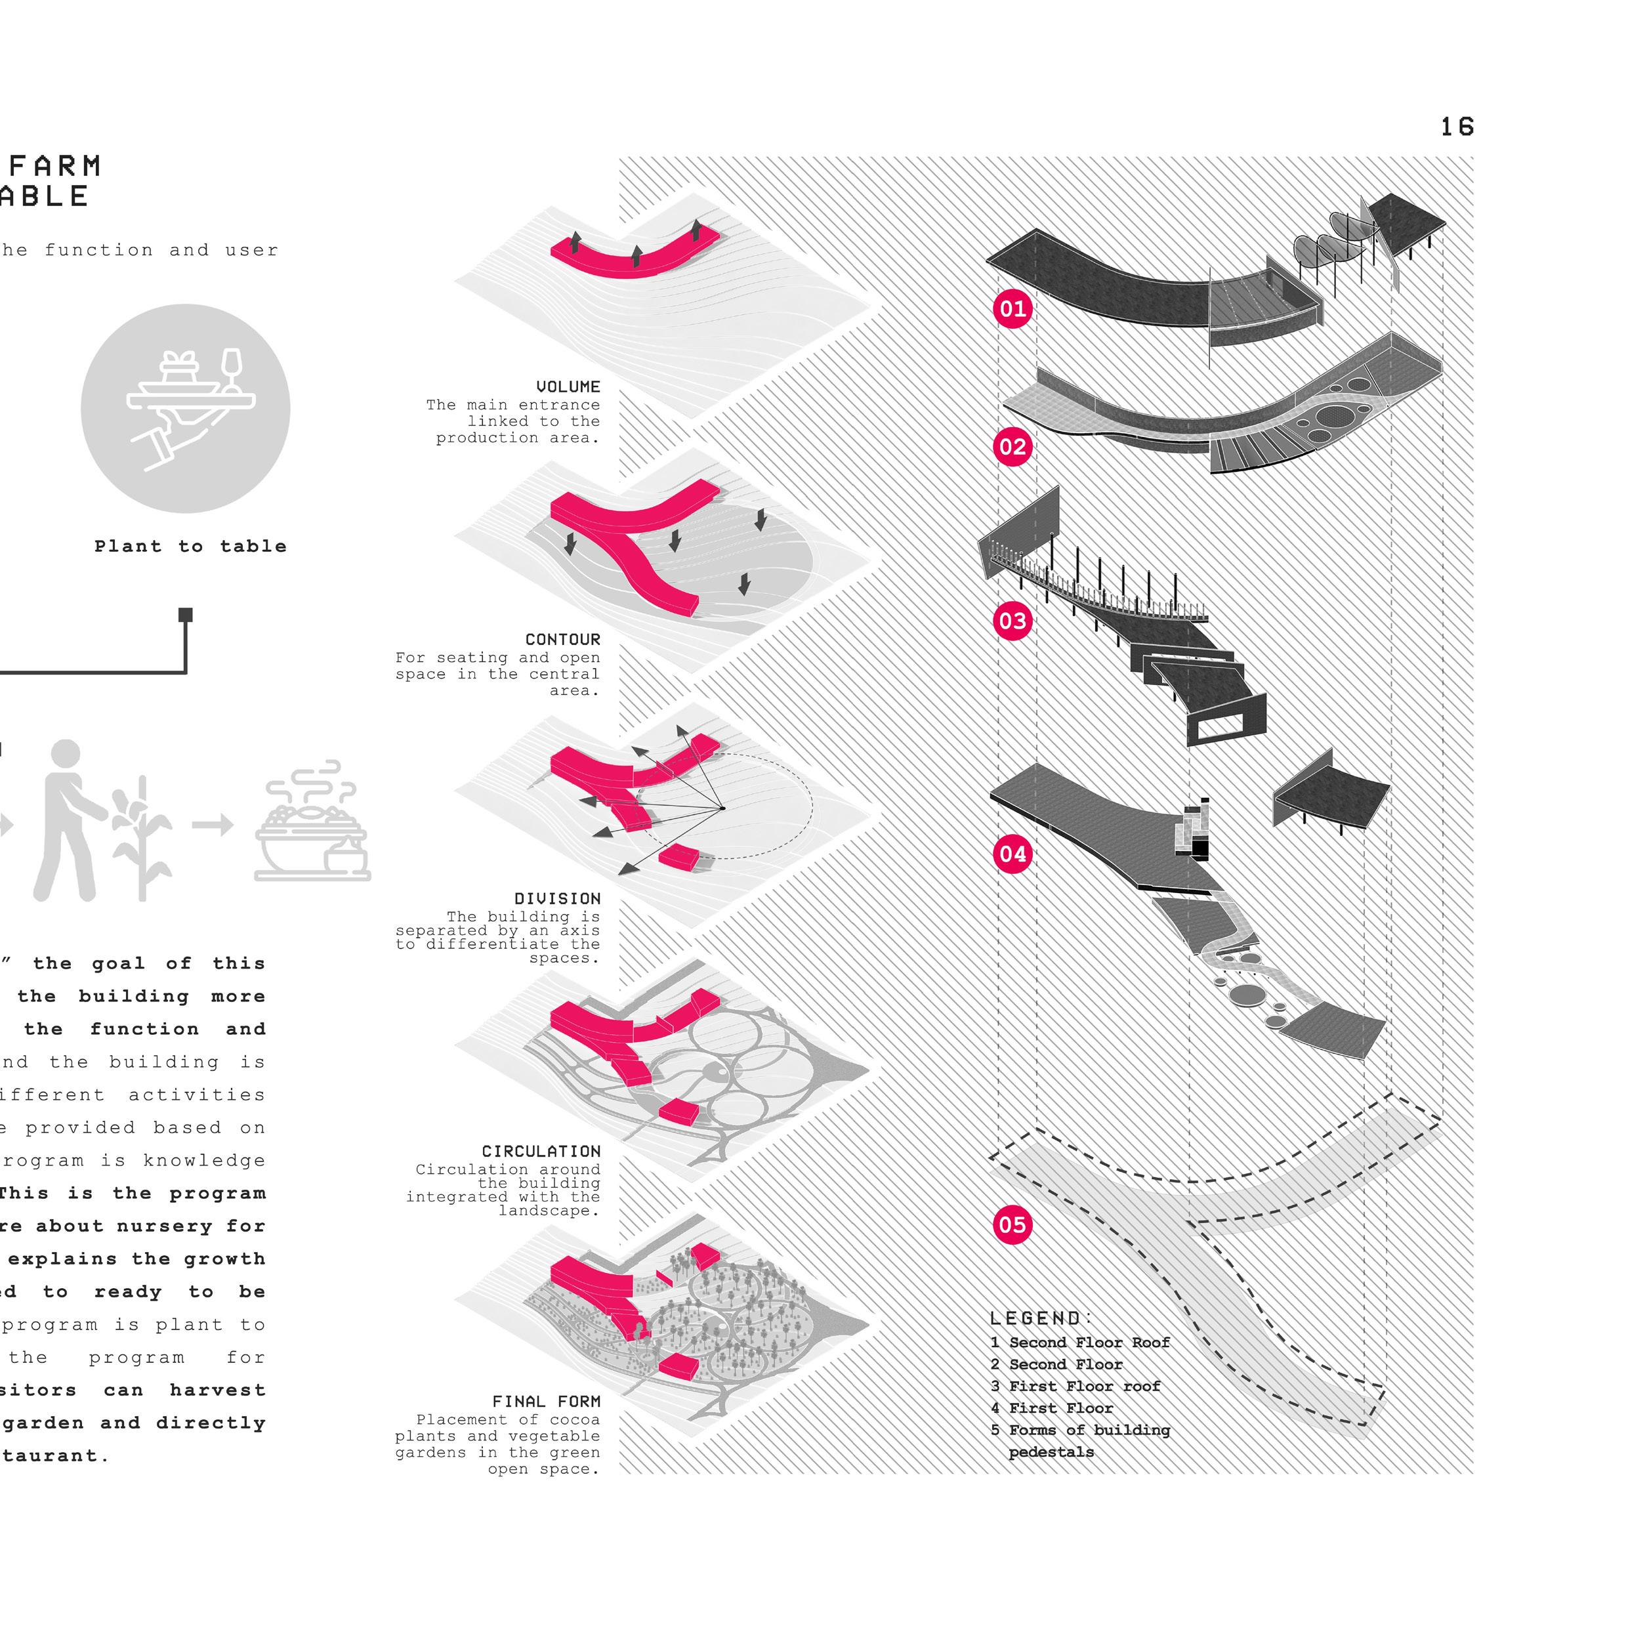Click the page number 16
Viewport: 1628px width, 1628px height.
(x=1456, y=127)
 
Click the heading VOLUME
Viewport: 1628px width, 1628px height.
(x=568, y=386)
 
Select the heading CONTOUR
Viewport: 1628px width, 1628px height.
(x=562, y=640)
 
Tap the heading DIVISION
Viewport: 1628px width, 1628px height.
(x=557, y=898)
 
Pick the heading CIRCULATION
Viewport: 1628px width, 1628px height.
(x=541, y=1151)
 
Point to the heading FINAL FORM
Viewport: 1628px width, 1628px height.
(x=546, y=1402)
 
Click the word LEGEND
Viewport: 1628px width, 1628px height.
(x=1041, y=1318)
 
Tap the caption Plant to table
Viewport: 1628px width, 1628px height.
(x=190, y=546)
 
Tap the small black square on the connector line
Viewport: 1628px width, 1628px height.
(x=186, y=615)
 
